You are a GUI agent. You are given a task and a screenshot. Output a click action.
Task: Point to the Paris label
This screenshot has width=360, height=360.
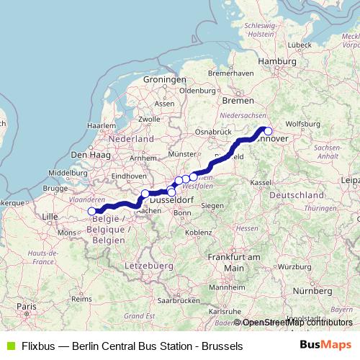27,307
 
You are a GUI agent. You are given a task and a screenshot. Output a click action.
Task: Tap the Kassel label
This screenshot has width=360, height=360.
261,183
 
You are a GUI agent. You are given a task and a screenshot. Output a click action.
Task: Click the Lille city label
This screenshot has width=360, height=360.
50,216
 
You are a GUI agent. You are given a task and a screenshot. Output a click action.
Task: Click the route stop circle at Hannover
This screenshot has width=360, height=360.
268,131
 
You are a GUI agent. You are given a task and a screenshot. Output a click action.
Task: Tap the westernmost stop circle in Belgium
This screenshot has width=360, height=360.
91,211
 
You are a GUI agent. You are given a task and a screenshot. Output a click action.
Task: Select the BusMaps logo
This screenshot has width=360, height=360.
325,345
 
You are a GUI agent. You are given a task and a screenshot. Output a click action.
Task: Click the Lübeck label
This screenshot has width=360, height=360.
297,45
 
